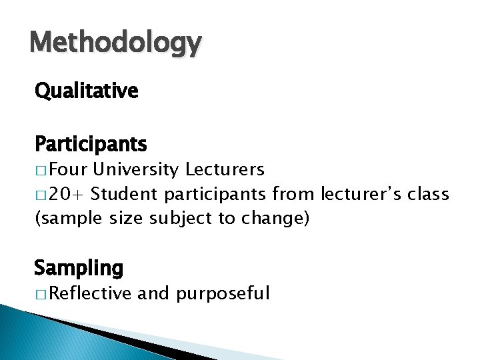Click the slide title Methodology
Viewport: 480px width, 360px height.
point(115,43)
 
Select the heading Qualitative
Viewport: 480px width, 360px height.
point(87,91)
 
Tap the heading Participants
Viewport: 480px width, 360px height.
point(91,143)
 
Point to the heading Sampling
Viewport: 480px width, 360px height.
point(79,268)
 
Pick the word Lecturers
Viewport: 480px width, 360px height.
point(225,170)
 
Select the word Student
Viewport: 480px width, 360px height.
point(125,194)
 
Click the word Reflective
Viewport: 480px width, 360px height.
point(90,293)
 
